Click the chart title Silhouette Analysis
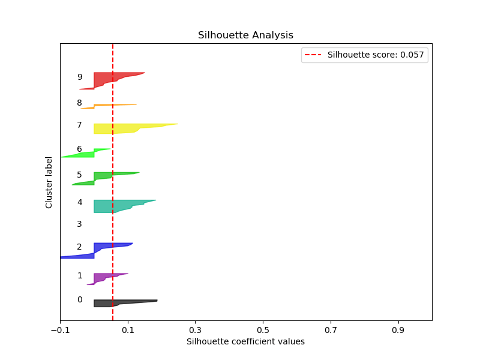pyautogui.click(x=245, y=35)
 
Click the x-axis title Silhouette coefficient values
pyautogui.click(x=245, y=341)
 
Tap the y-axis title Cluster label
pyautogui.click(x=49, y=182)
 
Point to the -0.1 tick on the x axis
pyautogui.click(x=60, y=330)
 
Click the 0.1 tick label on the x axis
pyautogui.click(x=128, y=330)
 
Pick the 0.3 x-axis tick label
pyautogui.click(x=195, y=330)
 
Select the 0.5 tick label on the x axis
pyautogui.click(x=263, y=330)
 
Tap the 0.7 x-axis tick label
pyautogui.click(x=331, y=330)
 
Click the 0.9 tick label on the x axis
pyautogui.click(x=398, y=330)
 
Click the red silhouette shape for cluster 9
pyautogui.click(x=108, y=78)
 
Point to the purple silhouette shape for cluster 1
pyautogui.click(x=102, y=277)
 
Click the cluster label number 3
pyautogui.click(x=79, y=224)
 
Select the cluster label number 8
pyautogui.click(x=79, y=103)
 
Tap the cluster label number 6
pyautogui.click(x=79, y=149)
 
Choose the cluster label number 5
pyautogui.click(x=79, y=175)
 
